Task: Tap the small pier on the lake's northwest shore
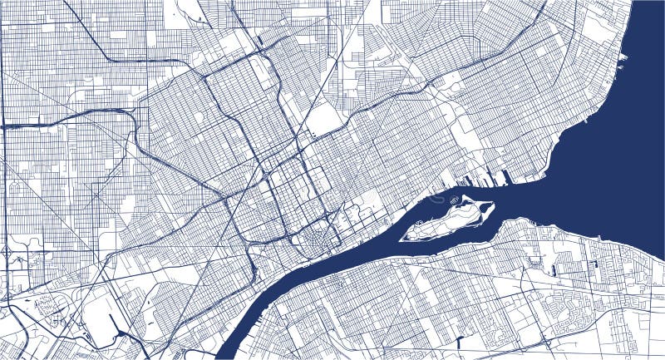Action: [x=622, y=57]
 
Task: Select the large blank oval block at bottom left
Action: [x=101, y=317]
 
